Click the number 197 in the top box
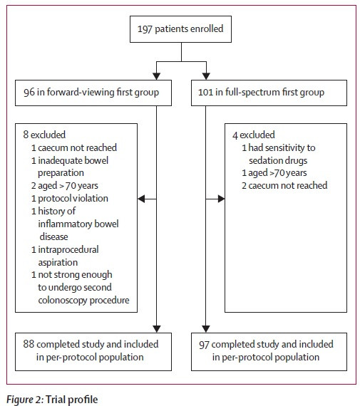point(145,28)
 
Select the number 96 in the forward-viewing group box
point(29,93)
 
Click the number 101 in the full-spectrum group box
point(205,93)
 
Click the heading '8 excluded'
point(44,135)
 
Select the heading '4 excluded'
point(254,135)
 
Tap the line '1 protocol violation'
point(70,199)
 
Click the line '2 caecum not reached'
point(284,186)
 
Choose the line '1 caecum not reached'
point(74,147)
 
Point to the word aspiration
point(58,263)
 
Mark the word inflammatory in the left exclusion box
point(65,224)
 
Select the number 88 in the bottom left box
point(29,344)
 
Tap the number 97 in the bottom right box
point(204,345)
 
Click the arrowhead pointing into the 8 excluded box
point(142,199)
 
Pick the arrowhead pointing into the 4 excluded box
point(221,199)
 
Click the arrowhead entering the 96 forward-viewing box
point(156,76)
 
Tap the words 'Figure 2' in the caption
point(24,400)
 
